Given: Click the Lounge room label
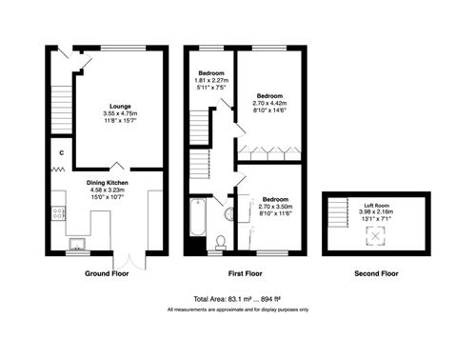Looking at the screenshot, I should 120,106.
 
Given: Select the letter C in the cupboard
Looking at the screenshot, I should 61,151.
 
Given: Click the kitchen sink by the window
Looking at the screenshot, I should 75,241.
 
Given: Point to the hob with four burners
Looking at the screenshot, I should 59,211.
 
